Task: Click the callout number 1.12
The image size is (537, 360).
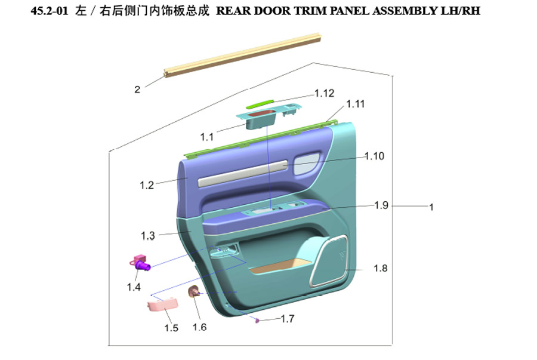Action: pos(324,93)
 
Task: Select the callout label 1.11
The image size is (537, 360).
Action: pos(356,104)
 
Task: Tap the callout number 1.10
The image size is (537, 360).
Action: pos(374,156)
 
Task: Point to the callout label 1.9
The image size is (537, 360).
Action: pos(381,205)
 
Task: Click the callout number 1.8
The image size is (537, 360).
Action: pos(381,268)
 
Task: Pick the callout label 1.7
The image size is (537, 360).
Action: pos(288,319)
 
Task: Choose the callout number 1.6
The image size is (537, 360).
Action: pos(199,327)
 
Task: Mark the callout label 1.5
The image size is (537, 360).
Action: pos(171,328)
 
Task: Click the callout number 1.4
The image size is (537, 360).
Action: pos(134,287)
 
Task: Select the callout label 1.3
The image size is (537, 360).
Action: pos(147,236)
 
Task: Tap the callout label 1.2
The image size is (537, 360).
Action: pos(147,185)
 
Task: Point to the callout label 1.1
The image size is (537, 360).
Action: pos(206,137)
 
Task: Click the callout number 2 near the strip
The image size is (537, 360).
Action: pos(137,90)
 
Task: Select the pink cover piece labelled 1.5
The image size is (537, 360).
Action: pos(162,304)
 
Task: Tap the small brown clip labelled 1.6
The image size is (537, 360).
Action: pos(194,291)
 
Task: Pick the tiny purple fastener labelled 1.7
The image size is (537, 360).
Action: pos(257,321)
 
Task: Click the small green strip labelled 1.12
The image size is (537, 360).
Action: pos(260,103)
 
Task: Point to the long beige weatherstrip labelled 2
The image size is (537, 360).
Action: pos(242,55)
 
